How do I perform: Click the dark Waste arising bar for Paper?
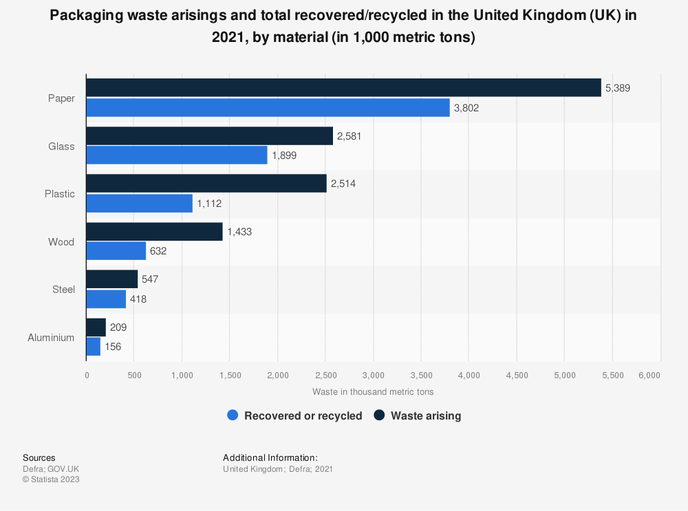tap(343, 87)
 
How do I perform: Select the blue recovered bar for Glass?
tap(177, 155)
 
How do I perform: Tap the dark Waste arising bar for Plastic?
tap(206, 183)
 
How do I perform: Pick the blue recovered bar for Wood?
tap(116, 251)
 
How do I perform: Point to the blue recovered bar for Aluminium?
tap(94, 347)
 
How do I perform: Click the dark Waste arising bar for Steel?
tap(112, 279)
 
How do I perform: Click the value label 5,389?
tap(618, 88)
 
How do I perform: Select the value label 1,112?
tap(209, 204)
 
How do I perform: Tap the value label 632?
tap(158, 251)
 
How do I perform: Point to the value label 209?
tap(118, 327)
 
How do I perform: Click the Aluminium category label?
tap(51, 338)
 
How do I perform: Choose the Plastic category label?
tap(60, 194)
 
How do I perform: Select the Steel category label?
tap(64, 290)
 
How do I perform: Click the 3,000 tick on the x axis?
tap(373, 375)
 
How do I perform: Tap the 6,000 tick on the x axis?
tap(649, 375)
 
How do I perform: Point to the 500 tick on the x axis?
tap(134, 375)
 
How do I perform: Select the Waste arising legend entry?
tap(418, 415)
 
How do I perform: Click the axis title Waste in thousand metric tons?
tap(373, 391)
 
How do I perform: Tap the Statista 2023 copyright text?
tap(51, 479)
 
